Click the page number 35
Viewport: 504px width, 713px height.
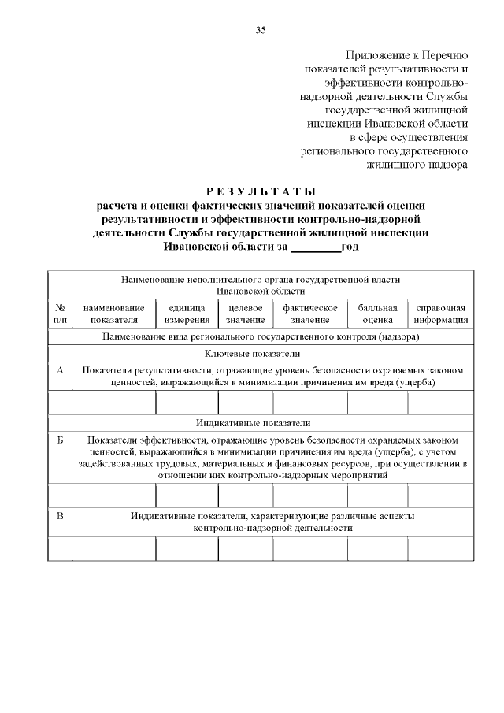click(261, 30)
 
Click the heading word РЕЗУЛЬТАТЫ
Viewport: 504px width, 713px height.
click(261, 191)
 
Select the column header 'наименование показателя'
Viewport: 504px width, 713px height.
click(113, 314)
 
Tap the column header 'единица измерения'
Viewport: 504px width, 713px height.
click(187, 314)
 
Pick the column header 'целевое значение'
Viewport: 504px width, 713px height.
click(245, 314)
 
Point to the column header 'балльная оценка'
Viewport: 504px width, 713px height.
click(377, 314)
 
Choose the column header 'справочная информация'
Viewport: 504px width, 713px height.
click(440, 314)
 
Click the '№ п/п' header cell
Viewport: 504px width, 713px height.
click(60, 314)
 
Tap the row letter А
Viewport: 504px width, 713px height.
click(60, 369)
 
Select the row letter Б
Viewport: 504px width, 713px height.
click(60, 440)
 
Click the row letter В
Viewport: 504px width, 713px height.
click(60, 516)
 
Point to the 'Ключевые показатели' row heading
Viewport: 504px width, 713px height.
click(261, 354)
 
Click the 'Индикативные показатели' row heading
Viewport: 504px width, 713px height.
click(261, 423)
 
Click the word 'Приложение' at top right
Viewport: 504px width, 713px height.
click(373, 55)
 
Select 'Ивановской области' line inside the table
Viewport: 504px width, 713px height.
click(261, 292)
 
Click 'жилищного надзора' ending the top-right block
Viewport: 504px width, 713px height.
click(417, 165)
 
